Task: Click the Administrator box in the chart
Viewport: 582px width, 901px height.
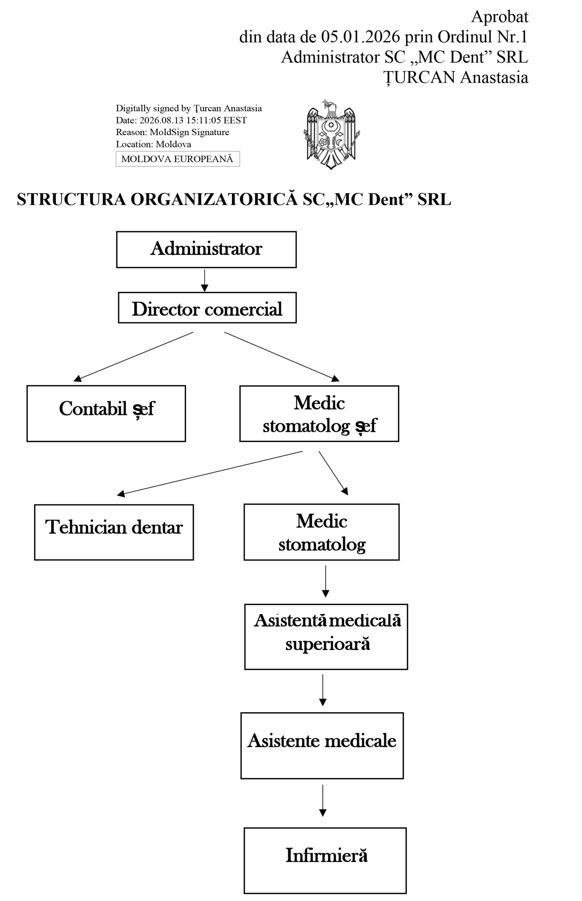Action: pos(206,250)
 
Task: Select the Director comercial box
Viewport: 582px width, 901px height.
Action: pos(207,308)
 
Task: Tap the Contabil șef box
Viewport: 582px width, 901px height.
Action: pos(106,414)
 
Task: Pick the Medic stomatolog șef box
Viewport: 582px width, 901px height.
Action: pos(319,414)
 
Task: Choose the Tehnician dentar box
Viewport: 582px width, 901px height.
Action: pos(114,532)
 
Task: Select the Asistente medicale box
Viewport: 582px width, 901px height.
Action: pos(322,745)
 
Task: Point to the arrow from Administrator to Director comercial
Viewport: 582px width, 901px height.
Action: pos(204,280)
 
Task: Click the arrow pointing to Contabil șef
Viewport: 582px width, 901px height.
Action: pos(133,357)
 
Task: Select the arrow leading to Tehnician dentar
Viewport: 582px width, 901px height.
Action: pos(210,474)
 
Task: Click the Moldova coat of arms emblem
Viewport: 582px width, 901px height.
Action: pos(331,134)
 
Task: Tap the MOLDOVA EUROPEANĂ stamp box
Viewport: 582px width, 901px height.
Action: pos(178,159)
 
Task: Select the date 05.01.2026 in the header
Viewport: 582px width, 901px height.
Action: pos(360,37)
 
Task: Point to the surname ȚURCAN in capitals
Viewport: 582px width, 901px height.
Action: pos(420,78)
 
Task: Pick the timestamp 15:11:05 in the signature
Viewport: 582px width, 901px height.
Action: pos(203,120)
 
